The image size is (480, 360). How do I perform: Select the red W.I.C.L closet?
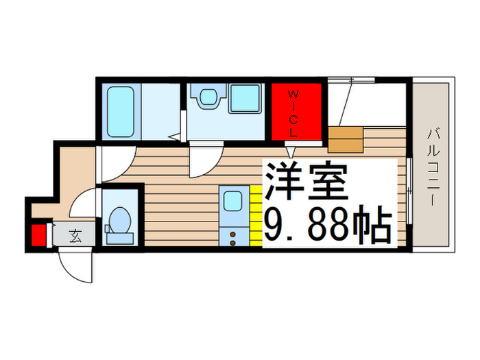pos(296,111)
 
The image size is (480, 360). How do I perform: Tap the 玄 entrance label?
pos(74,236)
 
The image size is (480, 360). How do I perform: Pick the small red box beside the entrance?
pos(38,235)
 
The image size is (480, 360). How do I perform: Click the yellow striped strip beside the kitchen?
pos(255,216)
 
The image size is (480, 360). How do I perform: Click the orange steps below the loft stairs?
pos(346,139)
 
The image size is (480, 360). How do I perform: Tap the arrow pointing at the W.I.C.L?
pos(291,152)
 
